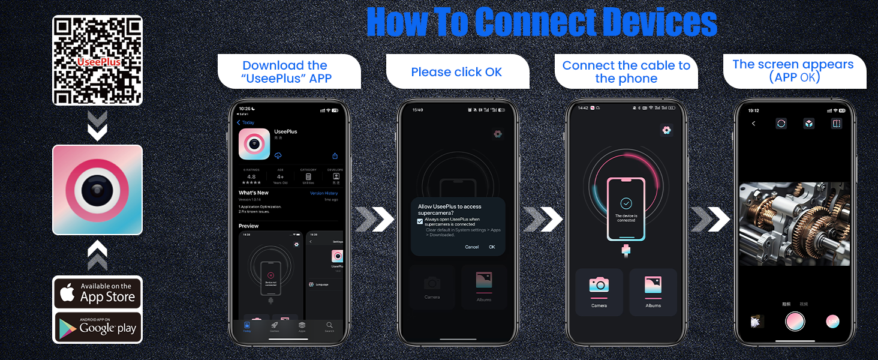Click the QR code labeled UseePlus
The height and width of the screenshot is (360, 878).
click(97, 61)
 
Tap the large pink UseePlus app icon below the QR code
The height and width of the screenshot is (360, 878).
click(97, 190)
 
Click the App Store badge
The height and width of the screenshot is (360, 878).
click(97, 292)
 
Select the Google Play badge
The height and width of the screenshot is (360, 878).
click(97, 327)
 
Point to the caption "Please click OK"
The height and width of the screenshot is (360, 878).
click(456, 72)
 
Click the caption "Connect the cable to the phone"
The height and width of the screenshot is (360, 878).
click(626, 72)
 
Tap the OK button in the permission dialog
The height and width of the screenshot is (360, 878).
click(492, 247)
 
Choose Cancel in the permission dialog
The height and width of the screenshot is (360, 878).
click(472, 247)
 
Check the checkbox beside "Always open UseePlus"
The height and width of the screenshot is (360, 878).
click(420, 221)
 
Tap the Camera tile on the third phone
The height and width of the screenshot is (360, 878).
click(599, 292)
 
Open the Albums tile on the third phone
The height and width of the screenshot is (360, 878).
click(653, 292)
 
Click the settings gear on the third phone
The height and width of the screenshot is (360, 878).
click(666, 130)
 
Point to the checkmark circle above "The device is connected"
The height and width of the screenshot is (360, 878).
click(626, 203)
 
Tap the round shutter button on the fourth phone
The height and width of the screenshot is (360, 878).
click(795, 321)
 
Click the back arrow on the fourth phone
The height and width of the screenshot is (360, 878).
click(754, 124)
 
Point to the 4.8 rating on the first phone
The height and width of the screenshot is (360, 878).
click(251, 177)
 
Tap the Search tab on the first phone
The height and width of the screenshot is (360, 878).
click(329, 326)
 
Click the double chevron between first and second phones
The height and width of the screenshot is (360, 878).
click(375, 220)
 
